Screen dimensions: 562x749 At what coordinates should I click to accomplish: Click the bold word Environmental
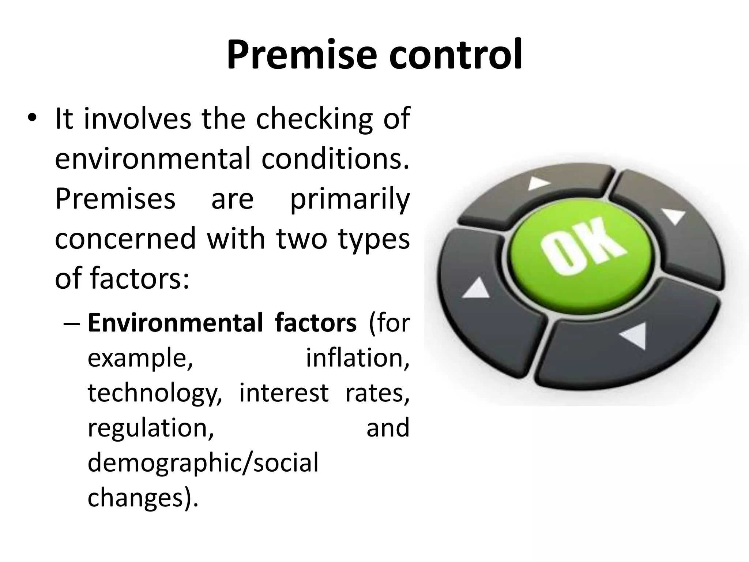coord(175,323)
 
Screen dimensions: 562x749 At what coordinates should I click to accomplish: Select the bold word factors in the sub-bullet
coord(315,323)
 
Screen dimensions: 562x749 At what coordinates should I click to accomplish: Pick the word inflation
coord(357,358)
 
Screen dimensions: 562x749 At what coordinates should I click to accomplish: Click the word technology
coord(154,393)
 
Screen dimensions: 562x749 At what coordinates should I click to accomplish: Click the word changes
coord(139,498)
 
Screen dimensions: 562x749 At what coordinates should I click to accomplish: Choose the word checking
coord(314,119)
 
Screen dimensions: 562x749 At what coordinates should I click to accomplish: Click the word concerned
coord(125,239)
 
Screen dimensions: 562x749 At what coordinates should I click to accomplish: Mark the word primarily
coord(350,200)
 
